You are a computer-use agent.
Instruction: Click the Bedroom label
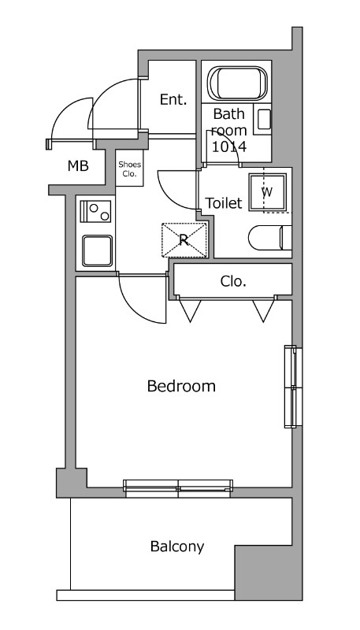click(181, 386)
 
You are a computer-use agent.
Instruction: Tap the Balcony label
click(177, 547)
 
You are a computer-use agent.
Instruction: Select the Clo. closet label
click(233, 281)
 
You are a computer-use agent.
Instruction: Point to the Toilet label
click(224, 203)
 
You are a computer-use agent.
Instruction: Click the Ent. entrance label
click(173, 99)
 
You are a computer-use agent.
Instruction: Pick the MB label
click(78, 165)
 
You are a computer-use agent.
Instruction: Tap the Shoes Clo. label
click(129, 169)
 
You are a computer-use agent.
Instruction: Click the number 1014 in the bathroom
click(229, 146)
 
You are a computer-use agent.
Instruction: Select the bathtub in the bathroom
click(237, 83)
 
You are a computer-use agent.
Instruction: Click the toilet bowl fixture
click(269, 238)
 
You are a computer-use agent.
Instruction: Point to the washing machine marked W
click(268, 192)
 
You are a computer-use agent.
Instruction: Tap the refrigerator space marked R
click(184, 240)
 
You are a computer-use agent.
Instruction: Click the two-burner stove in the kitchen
click(95, 211)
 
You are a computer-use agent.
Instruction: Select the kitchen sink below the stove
click(97, 250)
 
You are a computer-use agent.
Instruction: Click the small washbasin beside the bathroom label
click(264, 120)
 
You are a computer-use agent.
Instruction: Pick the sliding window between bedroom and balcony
click(178, 488)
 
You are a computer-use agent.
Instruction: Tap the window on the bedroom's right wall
click(293, 387)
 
